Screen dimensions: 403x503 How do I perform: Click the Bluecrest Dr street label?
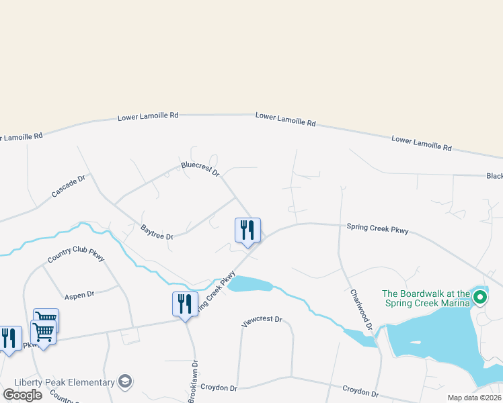point(200,169)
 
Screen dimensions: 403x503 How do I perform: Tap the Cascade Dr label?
point(69,186)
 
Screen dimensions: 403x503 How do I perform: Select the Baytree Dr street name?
point(157,232)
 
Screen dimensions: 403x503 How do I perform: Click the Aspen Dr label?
point(79,294)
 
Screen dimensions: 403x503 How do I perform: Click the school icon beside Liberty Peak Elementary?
point(124,382)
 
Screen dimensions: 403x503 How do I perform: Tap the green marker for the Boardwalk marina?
point(480,296)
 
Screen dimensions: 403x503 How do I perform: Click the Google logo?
point(22,394)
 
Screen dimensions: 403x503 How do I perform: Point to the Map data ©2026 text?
point(475,398)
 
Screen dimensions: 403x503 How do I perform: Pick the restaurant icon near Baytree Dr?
point(247,230)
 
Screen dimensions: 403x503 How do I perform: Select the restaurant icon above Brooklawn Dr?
point(185,304)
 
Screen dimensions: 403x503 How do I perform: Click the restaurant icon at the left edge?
point(9,338)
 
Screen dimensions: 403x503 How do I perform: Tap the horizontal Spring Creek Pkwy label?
point(377,229)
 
